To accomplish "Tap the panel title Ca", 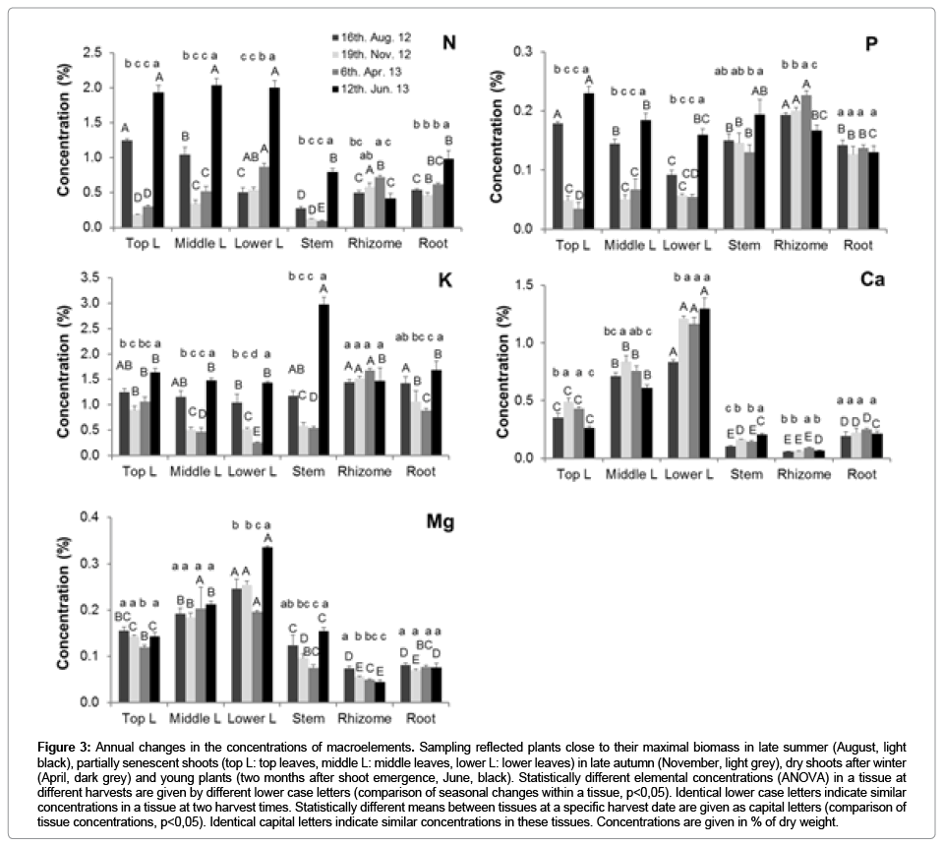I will point(871,279).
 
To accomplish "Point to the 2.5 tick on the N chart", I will point(94,52).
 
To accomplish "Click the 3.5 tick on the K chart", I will point(94,278).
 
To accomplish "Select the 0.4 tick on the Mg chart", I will point(94,516).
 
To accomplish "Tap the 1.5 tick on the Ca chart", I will point(510,285).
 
